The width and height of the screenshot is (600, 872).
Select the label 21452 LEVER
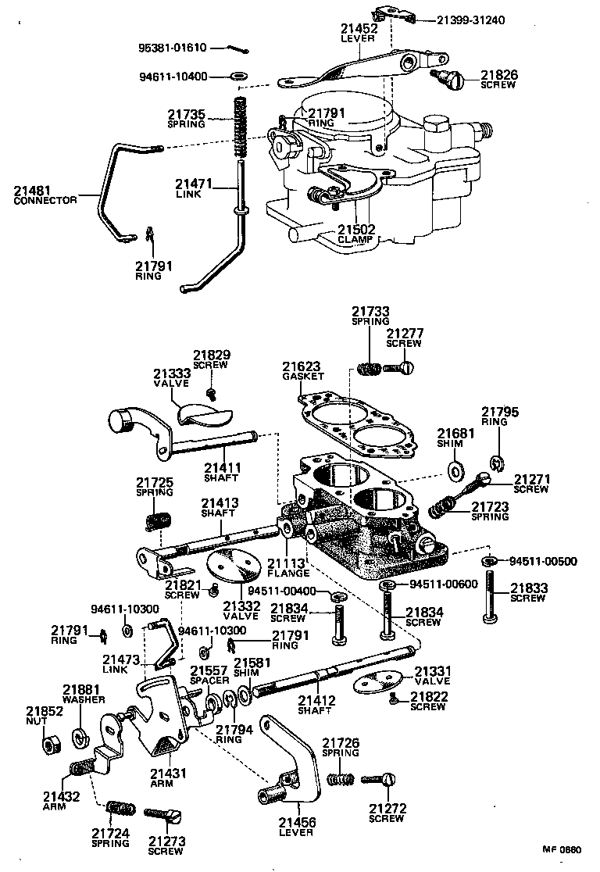tap(359, 33)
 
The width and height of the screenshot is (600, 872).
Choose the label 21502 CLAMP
tap(356, 234)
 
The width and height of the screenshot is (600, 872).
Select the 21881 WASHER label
tap(81, 695)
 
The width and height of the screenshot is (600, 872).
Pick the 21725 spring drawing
tap(159, 520)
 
